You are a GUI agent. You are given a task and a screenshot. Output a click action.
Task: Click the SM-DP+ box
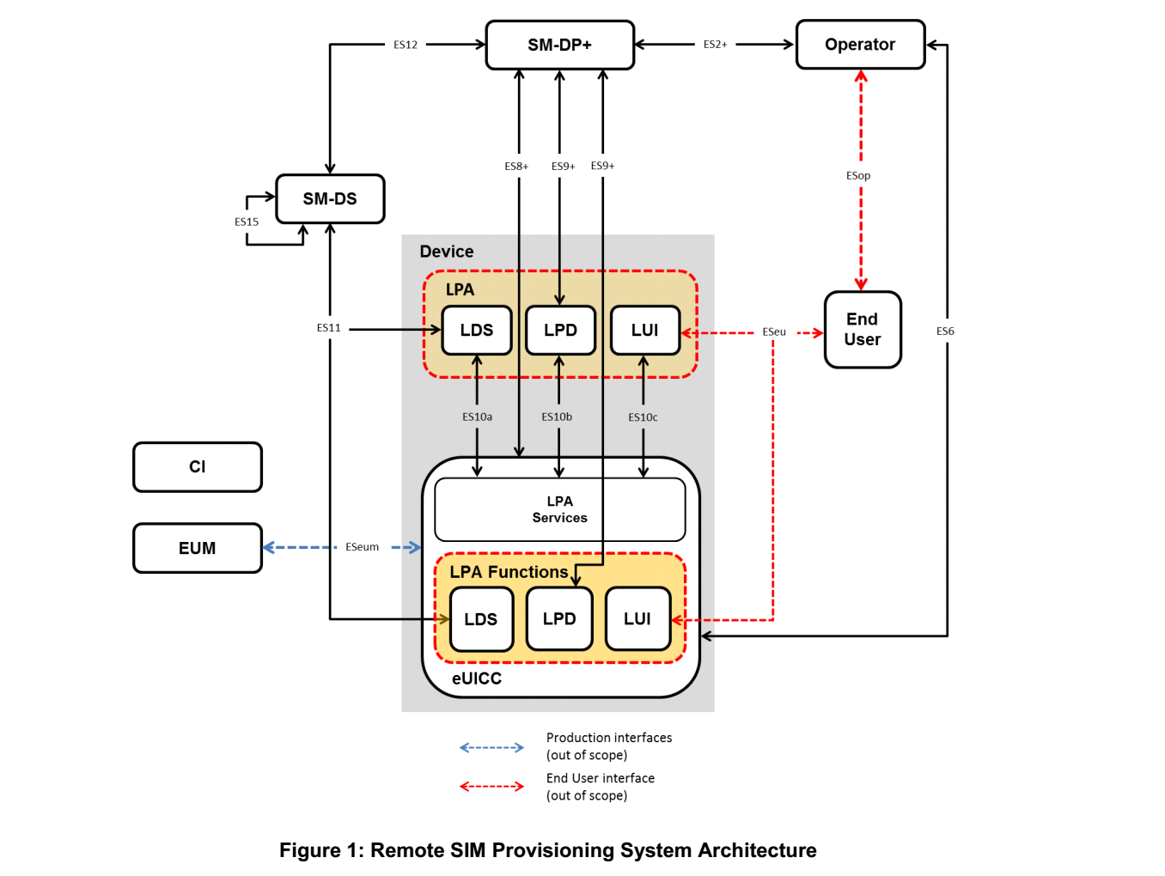pyautogui.click(x=559, y=45)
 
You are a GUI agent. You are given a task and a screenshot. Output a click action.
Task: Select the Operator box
pyautogui.click(x=860, y=45)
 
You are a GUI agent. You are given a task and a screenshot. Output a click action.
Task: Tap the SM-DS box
pyautogui.click(x=330, y=199)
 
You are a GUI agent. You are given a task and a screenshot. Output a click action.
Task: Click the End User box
pyautogui.click(x=863, y=330)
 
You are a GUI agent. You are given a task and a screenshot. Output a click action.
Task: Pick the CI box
pyautogui.click(x=198, y=467)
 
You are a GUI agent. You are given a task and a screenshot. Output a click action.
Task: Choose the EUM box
pyautogui.click(x=198, y=548)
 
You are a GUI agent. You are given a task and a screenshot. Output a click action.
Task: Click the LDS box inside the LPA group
pyautogui.click(x=477, y=331)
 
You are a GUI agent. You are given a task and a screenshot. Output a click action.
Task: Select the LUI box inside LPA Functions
pyautogui.click(x=637, y=619)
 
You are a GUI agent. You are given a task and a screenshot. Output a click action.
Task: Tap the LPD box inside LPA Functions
pyautogui.click(x=559, y=619)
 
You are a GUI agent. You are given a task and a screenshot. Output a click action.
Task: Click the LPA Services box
pyautogui.click(x=559, y=509)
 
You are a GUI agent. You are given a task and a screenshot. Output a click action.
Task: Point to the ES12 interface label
pyautogui.click(x=406, y=45)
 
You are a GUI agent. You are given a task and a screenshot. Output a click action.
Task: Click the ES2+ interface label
pyautogui.click(x=715, y=45)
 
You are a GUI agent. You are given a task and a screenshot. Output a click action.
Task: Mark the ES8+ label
pyautogui.click(x=516, y=167)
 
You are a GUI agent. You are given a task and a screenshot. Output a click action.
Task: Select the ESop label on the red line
pyautogui.click(x=858, y=176)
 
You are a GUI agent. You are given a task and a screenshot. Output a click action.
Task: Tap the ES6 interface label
pyautogui.click(x=945, y=332)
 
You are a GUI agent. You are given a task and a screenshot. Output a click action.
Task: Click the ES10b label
pyautogui.click(x=557, y=417)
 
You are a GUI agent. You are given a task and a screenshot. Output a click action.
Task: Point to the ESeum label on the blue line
pyautogui.click(x=362, y=547)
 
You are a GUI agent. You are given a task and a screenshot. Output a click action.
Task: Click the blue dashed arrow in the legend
pyautogui.click(x=491, y=747)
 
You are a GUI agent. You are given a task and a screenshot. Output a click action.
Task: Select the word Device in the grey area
pyautogui.click(x=447, y=252)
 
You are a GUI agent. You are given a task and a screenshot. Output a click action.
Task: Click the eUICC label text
pyautogui.click(x=477, y=678)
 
